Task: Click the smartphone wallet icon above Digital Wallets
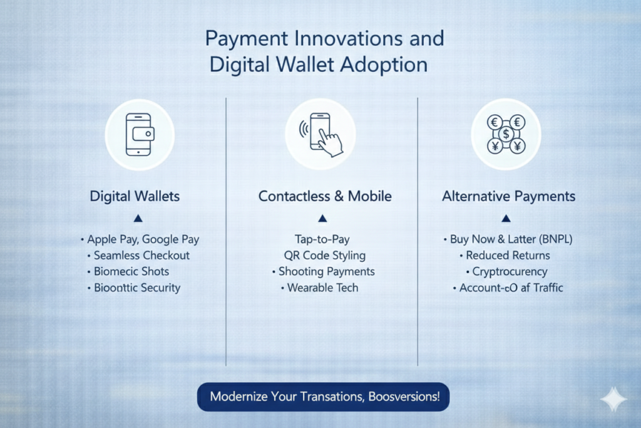point(140,135)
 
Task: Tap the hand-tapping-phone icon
point(321,135)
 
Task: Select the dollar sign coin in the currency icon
point(506,134)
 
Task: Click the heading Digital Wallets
point(135,196)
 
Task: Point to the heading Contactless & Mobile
point(325,196)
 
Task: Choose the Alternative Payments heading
point(508,196)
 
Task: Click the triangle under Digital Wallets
point(138,219)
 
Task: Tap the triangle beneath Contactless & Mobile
point(322,219)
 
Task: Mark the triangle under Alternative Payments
point(506,219)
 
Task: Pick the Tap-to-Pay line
point(322,239)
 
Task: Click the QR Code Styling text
point(325,255)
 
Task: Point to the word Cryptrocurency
point(510,272)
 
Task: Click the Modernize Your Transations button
point(324,397)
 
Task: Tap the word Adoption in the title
point(384,65)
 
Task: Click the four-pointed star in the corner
point(613,399)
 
